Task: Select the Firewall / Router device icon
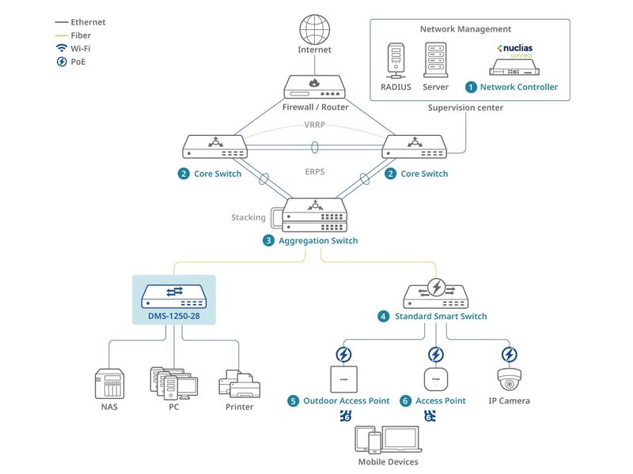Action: pos(314,85)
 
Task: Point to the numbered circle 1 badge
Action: pos(471,87)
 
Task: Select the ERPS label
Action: pos(315,171)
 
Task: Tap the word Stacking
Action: pos(248,217)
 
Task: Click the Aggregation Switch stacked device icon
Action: pos(315,216)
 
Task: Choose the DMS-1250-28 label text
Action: pos(174,316)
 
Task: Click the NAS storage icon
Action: pos(108,384)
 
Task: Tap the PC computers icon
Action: pos(173,382)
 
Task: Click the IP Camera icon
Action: pos(510,379)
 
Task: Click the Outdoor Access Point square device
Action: pos(343,378)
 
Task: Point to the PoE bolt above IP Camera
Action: pos(510,354)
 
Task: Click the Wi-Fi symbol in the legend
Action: pos(61,48)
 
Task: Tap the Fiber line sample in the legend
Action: pos(61,36)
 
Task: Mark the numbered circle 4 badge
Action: pos(383,316)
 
